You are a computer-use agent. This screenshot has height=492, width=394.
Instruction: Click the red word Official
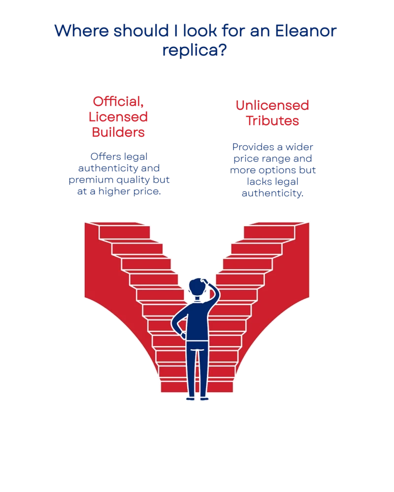[x=118, y=102]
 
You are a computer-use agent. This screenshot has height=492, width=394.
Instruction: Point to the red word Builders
[x=118, y=132]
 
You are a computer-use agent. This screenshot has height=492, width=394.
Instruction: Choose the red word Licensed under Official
[x=118, y=117]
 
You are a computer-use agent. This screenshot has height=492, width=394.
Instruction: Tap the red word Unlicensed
[x=272, y=105]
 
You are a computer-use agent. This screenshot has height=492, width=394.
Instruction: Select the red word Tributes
[x=272, y=121]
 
